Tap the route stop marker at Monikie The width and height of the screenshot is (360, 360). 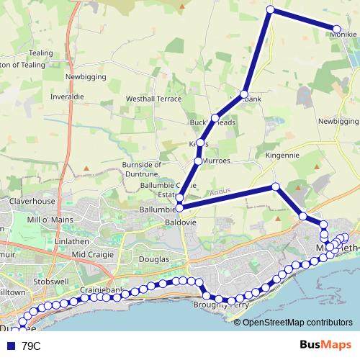336,30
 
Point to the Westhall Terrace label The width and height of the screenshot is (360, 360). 153,98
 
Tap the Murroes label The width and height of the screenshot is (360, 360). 217,161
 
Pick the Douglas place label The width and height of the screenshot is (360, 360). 154,259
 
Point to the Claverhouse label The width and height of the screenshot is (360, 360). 32,202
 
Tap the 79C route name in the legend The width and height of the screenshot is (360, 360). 32,346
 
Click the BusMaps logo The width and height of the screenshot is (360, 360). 321,346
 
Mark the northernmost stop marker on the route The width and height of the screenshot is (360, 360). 271,9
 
